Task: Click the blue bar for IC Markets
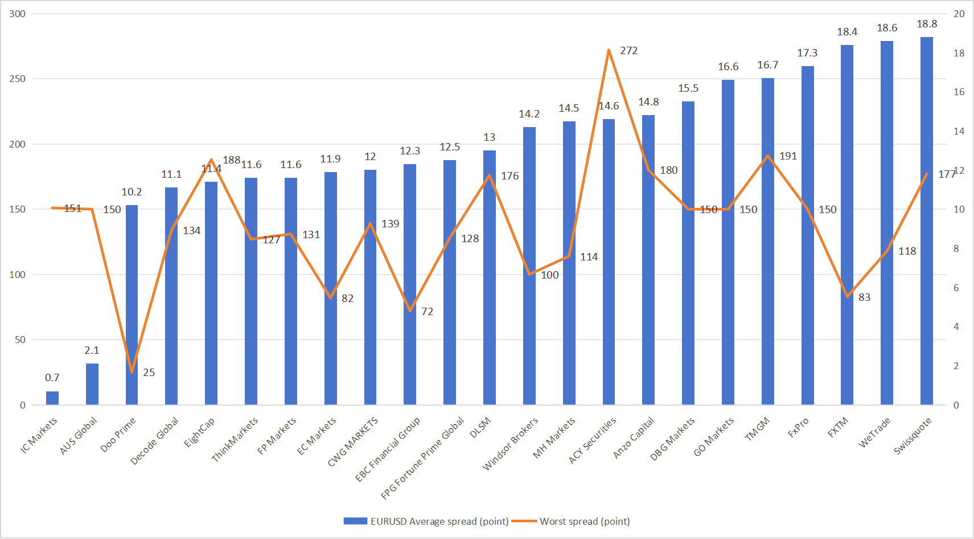click(x=52, y=398)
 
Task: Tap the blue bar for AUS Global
click(x=92, y=384)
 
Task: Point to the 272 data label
click(x=628, y=51)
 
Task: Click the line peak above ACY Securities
click(x=609, y=50)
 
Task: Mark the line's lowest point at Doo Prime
click(x=131, y=372)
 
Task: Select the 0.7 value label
click(x=52, y=378)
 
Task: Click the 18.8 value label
click(x=927, y=24)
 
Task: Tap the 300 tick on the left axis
click(x=18, y=14)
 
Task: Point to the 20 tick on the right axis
click(x=959, y=14)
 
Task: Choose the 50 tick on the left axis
click(x=20, y=340)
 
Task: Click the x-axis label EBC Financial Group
click(x=387, y=450)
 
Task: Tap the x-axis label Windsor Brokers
click(x=510, y=444)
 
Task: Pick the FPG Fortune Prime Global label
click(x=422, y=459)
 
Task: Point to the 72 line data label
click(x=427, y=312)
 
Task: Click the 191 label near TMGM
click(x=788, y=156)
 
